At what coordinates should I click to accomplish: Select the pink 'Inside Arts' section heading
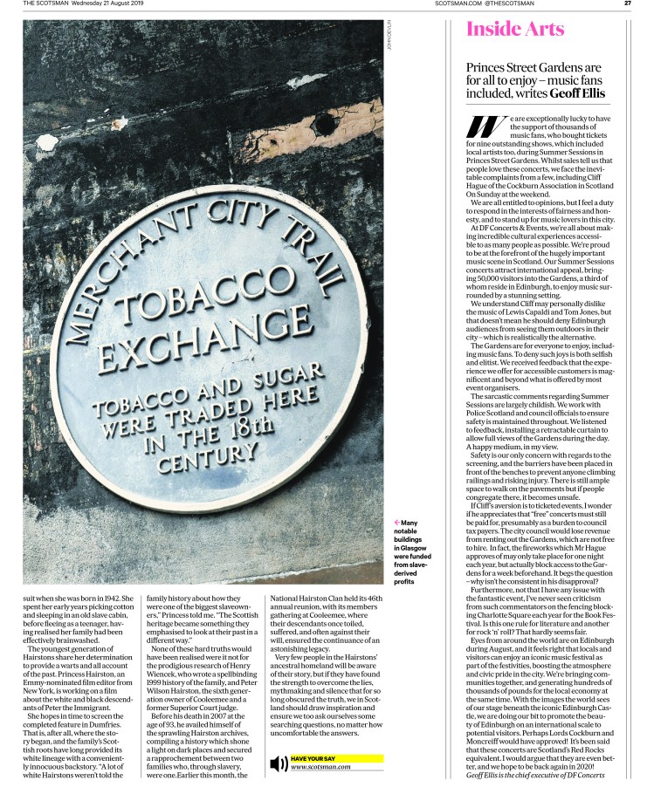point(515,29)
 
